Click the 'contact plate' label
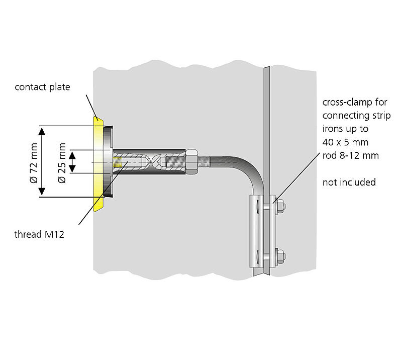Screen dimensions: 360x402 tap(42, 87)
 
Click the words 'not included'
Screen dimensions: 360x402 tap(349, 182)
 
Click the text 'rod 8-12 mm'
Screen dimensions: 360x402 tap(350, 155)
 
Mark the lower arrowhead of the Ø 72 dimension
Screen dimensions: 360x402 tap(43, 193)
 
